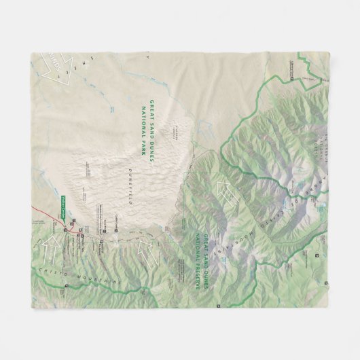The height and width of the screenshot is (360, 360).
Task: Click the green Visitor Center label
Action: click(60, 202)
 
